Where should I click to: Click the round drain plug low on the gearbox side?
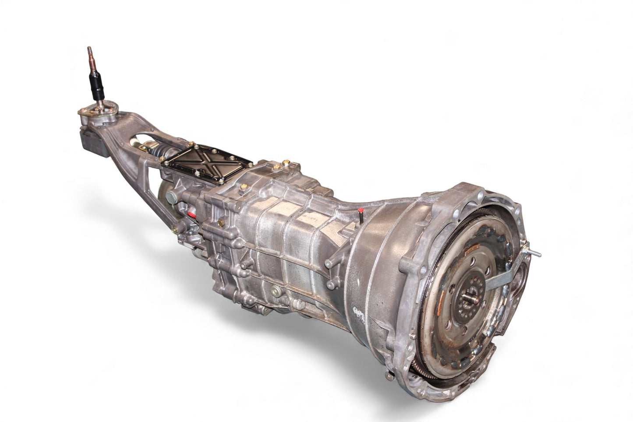(276, 290)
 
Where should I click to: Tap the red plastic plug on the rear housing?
(191, 214)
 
